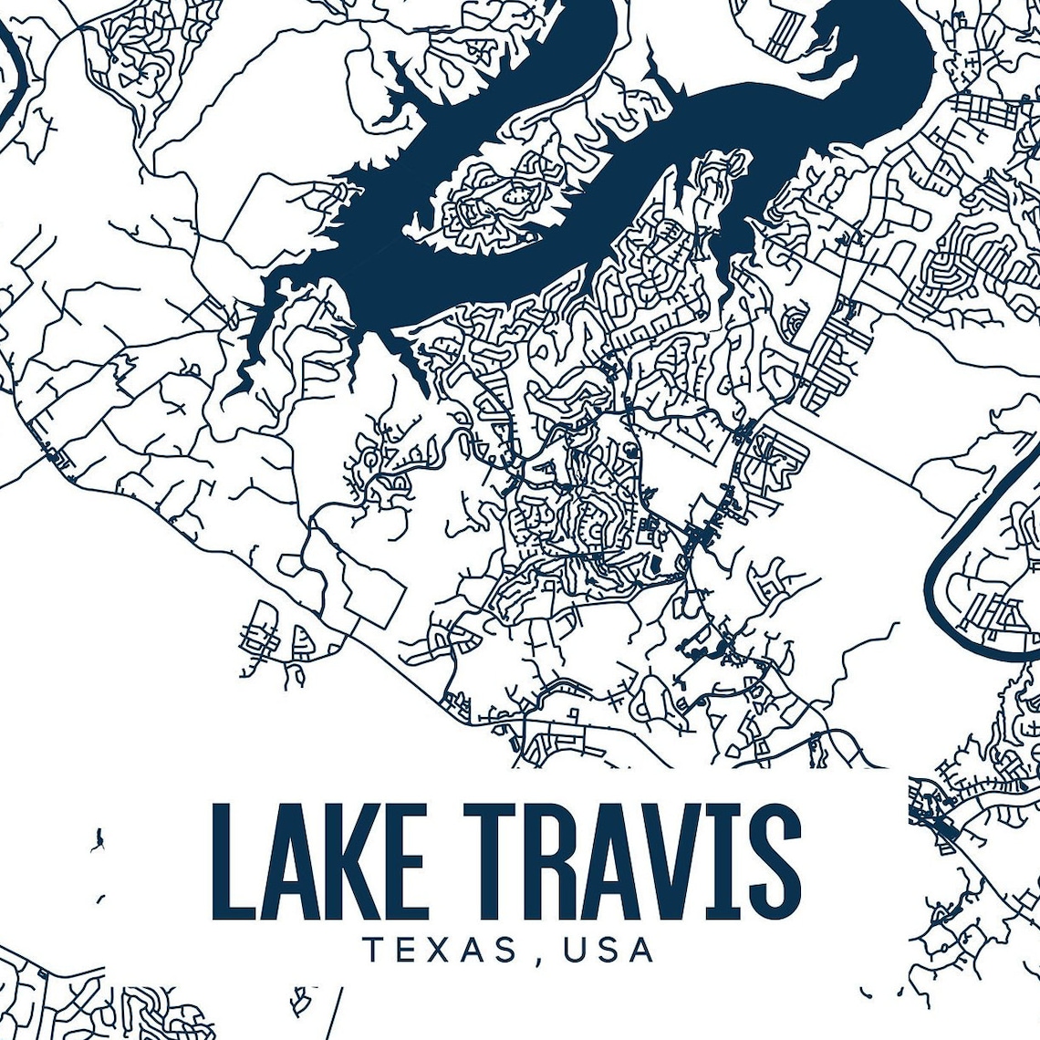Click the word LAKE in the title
click(319, 861)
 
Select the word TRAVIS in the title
click(633, 861)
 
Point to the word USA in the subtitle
click(608, 949)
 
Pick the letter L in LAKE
click(230, 861)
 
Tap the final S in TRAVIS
click(772, 861)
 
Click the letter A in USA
click(641, 949)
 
